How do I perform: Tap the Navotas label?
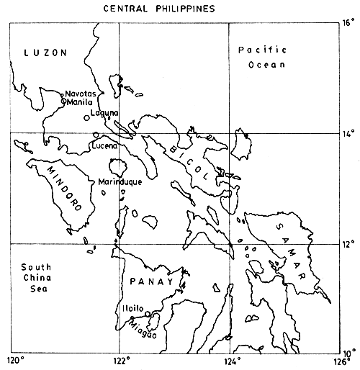click(x=80, y=94)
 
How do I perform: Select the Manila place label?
click(x=80, y=102)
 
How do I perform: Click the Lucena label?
click(x=105, y=146)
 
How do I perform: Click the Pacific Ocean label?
click(x=262, y=57)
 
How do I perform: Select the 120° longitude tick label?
click(x=14, y=361)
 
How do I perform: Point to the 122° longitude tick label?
click(x=120, y=361)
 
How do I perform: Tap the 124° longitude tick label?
click(x=231, y=361)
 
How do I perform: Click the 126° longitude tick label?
click(x=340, y=361)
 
